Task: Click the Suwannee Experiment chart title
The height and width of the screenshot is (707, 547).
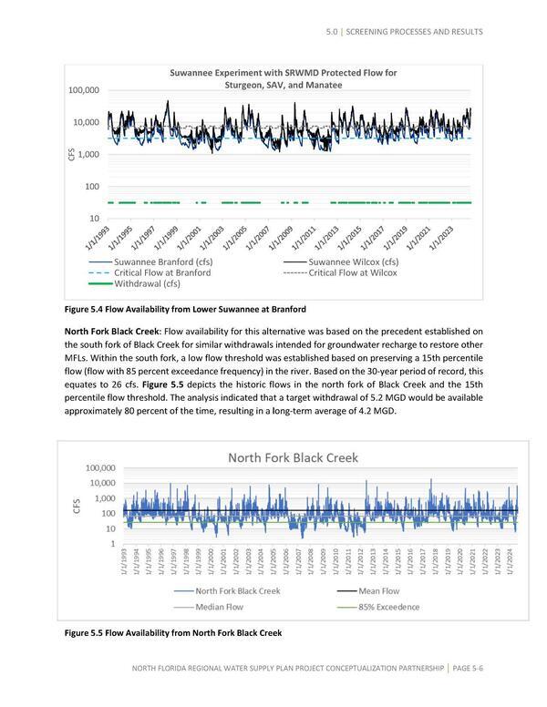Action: coord(284,78)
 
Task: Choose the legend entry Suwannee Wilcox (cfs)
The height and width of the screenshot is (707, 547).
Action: coord(361,261)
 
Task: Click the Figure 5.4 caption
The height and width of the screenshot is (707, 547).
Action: coord(183,308)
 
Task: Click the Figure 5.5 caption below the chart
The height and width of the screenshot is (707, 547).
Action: coord(171,633)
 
